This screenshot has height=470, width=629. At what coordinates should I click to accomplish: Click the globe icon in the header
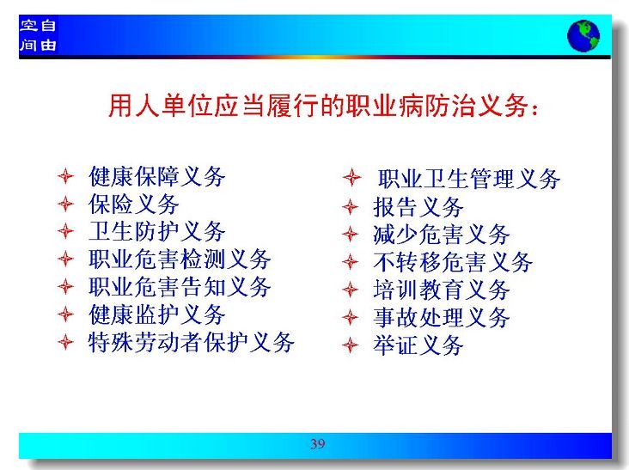click(x=583, y=36)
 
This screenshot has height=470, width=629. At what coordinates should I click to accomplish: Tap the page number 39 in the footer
click(x=318, y=443)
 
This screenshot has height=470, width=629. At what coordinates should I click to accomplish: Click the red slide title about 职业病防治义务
click(x=323, y=106)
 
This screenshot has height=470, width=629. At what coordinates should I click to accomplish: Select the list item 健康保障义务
click(x=157, y=176)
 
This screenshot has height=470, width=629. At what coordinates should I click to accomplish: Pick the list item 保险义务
click(x=133, y=204)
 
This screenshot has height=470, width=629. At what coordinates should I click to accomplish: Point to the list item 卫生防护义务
click(x=157, y=232)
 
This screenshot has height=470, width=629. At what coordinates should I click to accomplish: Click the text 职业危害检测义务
click(x=180, y=259)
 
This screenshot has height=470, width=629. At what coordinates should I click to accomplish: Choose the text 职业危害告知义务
click(x=180, y=287)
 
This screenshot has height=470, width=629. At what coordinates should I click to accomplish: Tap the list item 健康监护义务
click(x=157, y=314)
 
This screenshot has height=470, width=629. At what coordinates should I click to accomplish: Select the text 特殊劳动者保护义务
click(x=192, y=342)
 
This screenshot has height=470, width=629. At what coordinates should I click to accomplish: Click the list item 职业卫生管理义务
click(x=468, y=179)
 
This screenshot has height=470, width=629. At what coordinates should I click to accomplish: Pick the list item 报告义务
click(x=418, y=207)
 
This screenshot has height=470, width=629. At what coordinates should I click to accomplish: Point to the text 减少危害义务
click(x=442, y=235)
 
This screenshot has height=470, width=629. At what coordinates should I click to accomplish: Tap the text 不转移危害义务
click(x=453, y=262)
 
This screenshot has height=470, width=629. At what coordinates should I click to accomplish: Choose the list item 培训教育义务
click(x=442, y=290)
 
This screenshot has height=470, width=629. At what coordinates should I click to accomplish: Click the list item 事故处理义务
click(x=442, y=317)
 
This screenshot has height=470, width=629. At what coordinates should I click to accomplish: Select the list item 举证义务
click(x=418, y=345)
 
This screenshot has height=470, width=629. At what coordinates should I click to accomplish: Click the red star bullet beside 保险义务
click(x=65, y=204)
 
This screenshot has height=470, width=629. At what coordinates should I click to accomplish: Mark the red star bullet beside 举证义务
click(x=351, y=345)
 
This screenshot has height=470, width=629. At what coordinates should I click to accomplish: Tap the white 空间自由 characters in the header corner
click(x=38, y=35)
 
